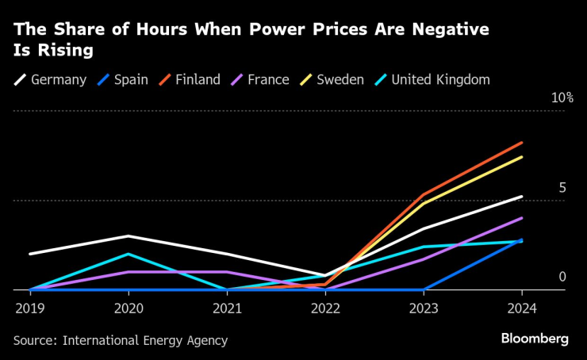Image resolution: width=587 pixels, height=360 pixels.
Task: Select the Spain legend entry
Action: pyautogui.click(x=122, y=80)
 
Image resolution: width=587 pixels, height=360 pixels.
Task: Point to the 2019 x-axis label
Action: pyautogui.click(x=29, y=306)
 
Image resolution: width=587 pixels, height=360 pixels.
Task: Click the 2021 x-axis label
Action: pyautogui.click(x=226, y=306)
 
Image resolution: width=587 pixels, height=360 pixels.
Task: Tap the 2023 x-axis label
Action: pyautogui.click(x=424, y=306)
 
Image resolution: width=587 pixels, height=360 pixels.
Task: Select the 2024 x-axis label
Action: pyautogui.click(x=521, y=306)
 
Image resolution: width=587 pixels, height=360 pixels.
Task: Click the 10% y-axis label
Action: pyautogui.click(x=562, y=98)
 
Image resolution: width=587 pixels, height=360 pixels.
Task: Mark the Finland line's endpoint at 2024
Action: pyautogui.click(x=522, y=143)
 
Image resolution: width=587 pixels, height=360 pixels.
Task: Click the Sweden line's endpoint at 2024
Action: pyautogui.click(x=522, y=157)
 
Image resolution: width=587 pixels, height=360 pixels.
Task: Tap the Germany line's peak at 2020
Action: pyautogui.click(x=129, y=236)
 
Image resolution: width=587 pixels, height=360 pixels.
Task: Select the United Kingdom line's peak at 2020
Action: pyautogui.click(x=129, y=254)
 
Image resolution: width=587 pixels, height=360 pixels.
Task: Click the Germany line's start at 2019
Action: pyautogui.click(x=29, y=254)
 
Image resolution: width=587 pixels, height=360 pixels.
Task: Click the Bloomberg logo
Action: pyautogui.click(x=535, y=339)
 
